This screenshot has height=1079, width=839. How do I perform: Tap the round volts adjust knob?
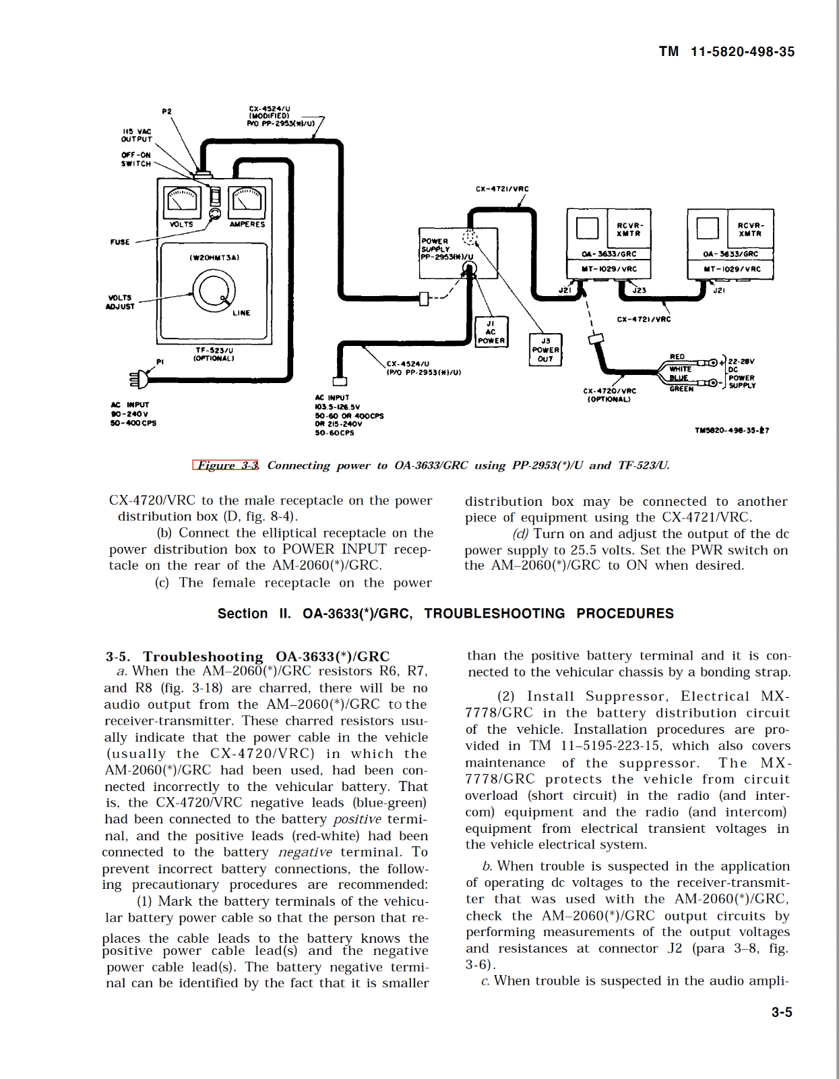[214, 291]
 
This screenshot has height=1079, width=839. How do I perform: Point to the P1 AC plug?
[140, 379]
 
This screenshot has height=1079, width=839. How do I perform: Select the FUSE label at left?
[120, 242]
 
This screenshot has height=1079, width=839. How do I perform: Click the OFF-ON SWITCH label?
[136, 159]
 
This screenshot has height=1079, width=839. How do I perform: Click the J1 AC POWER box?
[491, 332]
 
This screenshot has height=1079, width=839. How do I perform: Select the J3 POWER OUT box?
[545, 350]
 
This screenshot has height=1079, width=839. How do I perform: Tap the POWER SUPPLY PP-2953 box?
[458, 253]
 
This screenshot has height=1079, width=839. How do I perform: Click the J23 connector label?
[639, 291]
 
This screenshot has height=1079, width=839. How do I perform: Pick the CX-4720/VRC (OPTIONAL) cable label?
[609, 395]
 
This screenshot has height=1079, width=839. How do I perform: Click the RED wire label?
[677, 357]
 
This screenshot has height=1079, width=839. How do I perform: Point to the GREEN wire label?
[681, 389]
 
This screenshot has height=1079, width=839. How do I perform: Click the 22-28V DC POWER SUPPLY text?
[741, 374]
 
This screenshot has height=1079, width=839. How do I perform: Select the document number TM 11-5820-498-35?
[726, 52]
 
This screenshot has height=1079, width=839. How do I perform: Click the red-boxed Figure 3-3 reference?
[226, 465]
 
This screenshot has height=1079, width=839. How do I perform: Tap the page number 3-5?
[782, 1012]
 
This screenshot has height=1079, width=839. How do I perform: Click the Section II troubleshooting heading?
[445, 614]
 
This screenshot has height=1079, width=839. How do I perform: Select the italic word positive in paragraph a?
[357, 819]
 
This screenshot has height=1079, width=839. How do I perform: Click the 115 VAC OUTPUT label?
[137, 136]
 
